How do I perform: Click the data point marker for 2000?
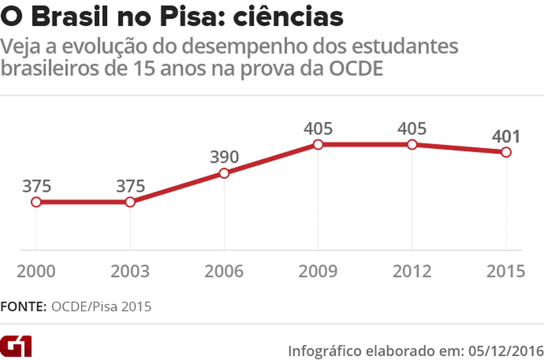(36, 202)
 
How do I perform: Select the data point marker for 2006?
(224, 173)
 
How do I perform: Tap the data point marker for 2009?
(318, 145)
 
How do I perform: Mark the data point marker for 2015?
(506, 152)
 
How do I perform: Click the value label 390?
(224, 157)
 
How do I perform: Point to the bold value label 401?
(505, 136)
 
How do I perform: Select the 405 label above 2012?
(412, 129)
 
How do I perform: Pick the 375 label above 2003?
(131, 186)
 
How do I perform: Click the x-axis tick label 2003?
(130, 271)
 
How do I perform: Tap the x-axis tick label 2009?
(318, 271)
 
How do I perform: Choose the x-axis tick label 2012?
(412, 271)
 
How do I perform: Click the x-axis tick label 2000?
(36, 271)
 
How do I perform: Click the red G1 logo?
(16, 346)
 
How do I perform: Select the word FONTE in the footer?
(23, 306)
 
